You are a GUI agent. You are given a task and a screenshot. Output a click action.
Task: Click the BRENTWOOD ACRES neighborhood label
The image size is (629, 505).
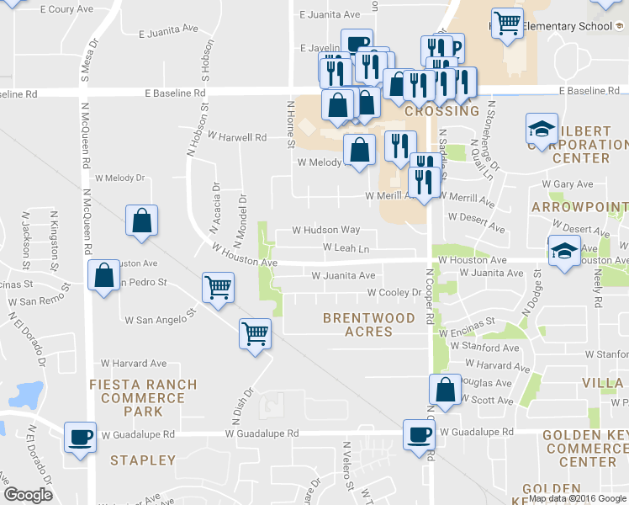369,325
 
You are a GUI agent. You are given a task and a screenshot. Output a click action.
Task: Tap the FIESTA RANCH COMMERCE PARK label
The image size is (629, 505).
143,397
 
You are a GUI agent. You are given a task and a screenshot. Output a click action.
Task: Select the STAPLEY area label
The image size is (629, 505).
143,460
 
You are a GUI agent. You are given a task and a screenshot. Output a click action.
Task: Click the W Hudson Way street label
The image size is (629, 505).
325,230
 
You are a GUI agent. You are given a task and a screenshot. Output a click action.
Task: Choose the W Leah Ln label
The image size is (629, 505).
346,248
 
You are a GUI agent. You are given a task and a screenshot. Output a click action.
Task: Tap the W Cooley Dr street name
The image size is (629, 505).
394,293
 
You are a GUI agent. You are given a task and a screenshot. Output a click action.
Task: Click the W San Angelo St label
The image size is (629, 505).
160,320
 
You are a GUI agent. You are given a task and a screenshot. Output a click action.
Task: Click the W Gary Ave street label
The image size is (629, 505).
568,183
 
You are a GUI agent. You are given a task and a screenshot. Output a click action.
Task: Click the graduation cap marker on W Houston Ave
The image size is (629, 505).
564,250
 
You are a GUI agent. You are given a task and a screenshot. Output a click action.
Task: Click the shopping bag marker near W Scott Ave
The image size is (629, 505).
445,389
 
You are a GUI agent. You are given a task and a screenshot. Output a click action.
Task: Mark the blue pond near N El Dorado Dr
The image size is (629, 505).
28,394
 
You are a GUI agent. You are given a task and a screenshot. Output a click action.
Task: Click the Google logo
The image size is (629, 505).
29,495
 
